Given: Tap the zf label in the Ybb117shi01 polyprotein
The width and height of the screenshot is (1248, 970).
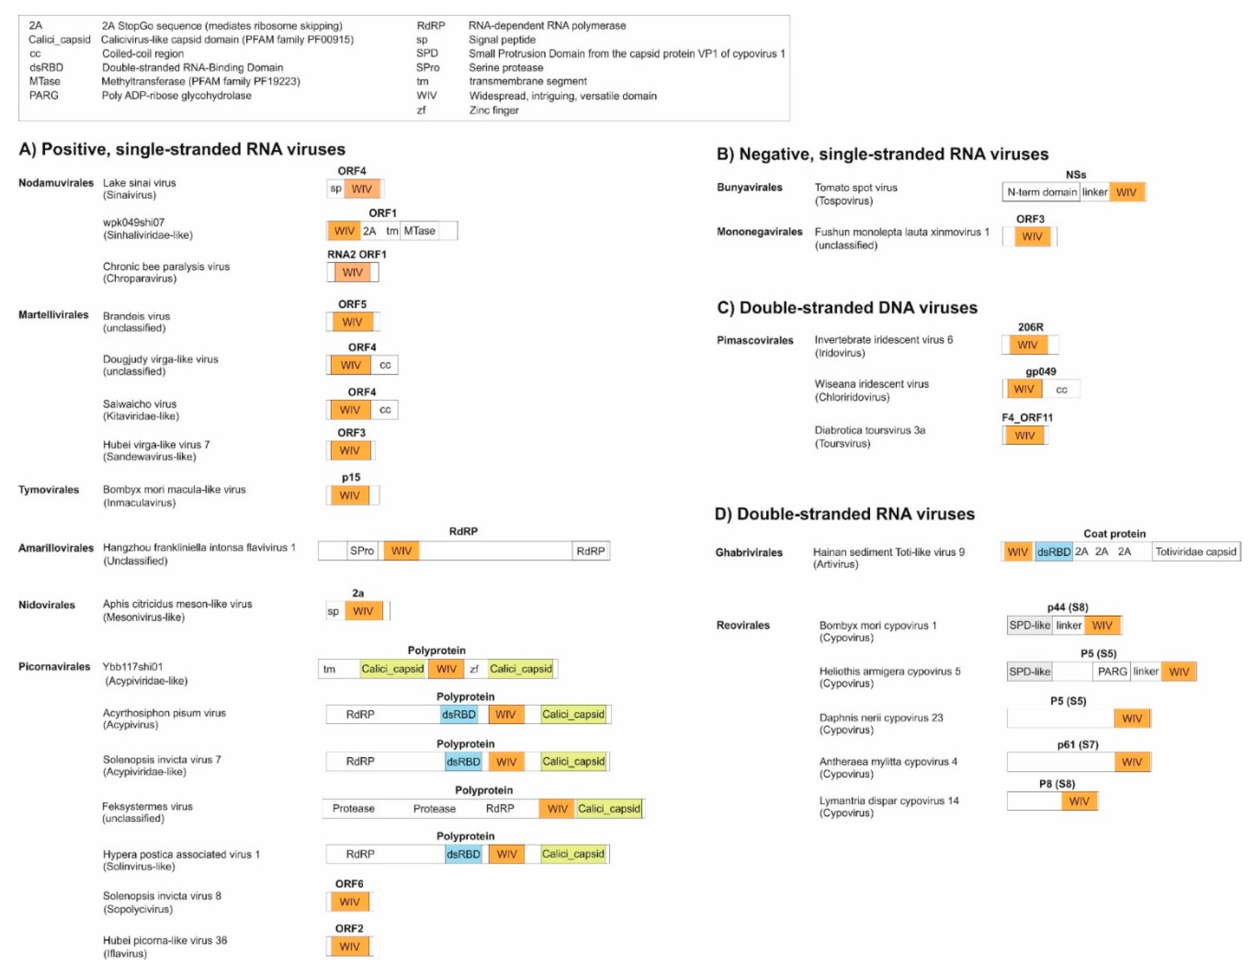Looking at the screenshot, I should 474,669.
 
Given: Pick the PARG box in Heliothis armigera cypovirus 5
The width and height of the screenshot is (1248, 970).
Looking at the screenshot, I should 1112,672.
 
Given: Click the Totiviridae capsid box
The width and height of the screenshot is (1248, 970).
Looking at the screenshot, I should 1195,552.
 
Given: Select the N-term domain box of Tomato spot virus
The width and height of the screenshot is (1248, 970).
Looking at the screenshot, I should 1041,192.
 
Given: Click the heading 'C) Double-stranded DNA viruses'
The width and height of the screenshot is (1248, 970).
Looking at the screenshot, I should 847,308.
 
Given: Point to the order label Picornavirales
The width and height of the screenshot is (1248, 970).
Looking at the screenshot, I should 54,666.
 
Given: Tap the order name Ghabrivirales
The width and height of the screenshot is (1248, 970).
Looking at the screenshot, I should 749,552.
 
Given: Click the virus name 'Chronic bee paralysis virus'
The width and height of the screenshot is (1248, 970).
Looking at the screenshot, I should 166,266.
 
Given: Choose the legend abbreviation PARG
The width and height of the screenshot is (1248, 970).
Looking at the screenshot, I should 44,96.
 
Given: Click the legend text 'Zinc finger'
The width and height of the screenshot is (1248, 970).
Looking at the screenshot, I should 494,110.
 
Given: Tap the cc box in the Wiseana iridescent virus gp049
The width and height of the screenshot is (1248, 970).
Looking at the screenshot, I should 1061,390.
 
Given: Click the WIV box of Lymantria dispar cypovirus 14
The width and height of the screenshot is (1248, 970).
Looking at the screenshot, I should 1079,801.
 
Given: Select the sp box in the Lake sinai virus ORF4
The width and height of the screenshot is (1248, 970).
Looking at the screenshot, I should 335,188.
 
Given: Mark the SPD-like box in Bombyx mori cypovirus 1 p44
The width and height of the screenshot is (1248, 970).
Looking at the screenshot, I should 1029,625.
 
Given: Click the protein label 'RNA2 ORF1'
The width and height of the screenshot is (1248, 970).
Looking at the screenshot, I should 357,254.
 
